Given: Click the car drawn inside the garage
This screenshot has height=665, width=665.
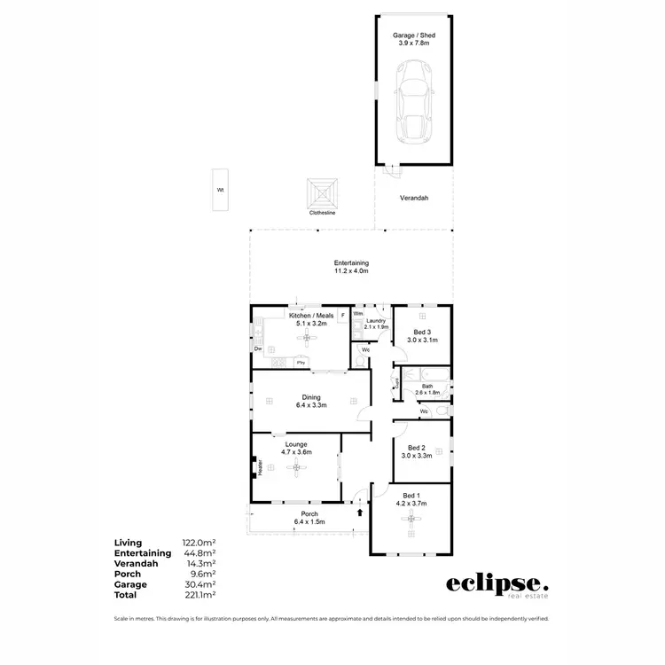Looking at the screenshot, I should pos(414,100).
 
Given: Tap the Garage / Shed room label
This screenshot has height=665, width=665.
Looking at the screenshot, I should pos(414,39).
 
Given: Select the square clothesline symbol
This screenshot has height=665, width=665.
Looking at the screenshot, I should pos(322,193).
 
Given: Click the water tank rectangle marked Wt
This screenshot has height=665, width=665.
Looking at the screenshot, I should pos(220,190).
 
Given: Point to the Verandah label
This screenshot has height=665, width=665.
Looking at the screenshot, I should pos(414,199).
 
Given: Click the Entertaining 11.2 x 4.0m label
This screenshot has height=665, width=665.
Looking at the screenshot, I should pos(351,267).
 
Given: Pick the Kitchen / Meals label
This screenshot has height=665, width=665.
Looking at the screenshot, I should pos(311,319).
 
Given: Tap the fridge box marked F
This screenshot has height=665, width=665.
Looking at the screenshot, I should pos(342,315).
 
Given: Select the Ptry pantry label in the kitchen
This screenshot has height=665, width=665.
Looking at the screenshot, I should pos(301,363).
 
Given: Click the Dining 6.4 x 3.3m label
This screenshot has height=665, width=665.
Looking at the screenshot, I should pos(311,401).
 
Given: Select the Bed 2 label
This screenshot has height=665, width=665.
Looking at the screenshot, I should pos(419,451).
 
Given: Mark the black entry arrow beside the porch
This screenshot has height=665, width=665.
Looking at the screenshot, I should pos(359,512).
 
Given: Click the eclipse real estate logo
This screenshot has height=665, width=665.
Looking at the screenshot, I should pos(497,585).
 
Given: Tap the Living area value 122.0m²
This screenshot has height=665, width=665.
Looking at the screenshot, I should pos(200,543).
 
